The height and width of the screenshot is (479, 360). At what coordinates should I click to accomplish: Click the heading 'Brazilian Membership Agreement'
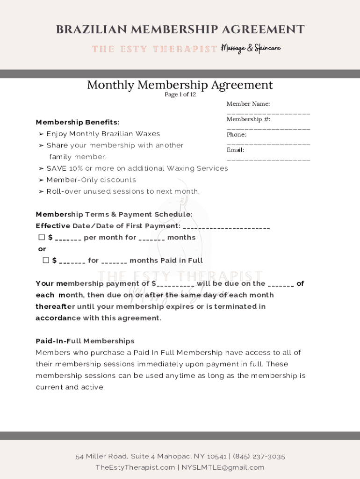click(x=180, y=29)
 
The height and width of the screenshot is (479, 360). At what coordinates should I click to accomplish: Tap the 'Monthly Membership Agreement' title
click(x=180, y=85)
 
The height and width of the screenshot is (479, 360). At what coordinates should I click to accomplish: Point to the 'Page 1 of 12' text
click(x=180, y=94)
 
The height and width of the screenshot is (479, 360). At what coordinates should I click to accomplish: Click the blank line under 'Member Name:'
click(x=268, y=113)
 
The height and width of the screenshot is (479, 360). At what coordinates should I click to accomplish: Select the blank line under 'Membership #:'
click(x=268, y=128)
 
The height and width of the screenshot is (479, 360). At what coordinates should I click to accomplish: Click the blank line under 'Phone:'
click(x=268, y=144)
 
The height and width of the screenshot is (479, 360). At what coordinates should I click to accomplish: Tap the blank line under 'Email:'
click(x=268, y=160)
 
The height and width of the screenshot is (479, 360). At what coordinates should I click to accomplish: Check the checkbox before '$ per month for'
click(x=42, y=237)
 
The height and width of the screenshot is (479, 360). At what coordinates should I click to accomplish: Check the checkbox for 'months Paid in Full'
click(x=46, y=260)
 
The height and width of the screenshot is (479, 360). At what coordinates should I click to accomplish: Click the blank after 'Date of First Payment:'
click(x=226, y=228)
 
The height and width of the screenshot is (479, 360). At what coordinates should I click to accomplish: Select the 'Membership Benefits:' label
click(x=78, y=122)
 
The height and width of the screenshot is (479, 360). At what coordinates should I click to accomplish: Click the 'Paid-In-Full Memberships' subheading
click(x=85, y=341)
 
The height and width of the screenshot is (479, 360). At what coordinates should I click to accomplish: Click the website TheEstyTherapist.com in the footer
click(x=135, y=467)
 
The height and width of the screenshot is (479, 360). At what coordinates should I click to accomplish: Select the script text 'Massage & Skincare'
click(x=252, y=48)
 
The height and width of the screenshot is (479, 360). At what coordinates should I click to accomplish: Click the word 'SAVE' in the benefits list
click(x=57, y=168)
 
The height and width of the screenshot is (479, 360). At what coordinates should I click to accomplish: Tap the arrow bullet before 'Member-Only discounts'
click(x=41, y=180)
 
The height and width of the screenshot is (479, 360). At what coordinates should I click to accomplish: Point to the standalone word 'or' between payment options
click(x=42, y=249)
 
